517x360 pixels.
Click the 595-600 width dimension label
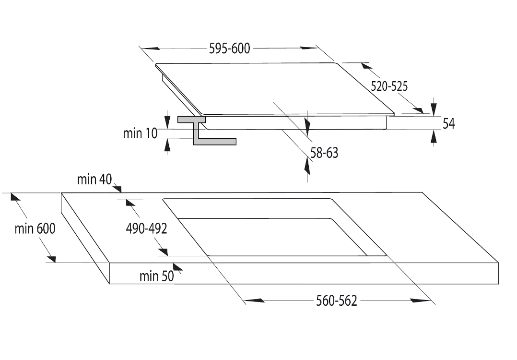click(x=229, y=48)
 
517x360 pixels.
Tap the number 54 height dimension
click(x=448, y=123)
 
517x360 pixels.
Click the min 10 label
click(x=140, y=133)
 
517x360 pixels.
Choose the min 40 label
click(x=94, y=180)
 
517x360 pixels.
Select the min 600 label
click(x=35, y=228)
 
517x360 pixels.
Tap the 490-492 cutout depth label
click(x=146, y=229)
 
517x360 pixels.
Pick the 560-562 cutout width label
click(x=336, y=301)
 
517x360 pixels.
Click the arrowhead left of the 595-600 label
click(x=151, y=48)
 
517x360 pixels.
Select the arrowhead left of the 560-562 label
click(x=254, y=301)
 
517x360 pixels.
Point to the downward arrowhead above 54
click(x=434, y=108)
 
